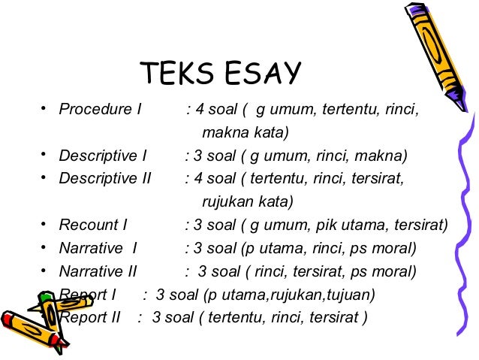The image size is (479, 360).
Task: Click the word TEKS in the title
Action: [x=175, y=74]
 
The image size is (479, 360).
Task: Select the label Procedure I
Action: [x=101, y=110]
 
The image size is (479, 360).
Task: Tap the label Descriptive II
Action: [x=105, y=179]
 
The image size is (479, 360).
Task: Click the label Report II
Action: [x=89, y=317]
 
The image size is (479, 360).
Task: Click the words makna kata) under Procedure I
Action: [x=246, y=133]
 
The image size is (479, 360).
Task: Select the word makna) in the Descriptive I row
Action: [x=382, y=156]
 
